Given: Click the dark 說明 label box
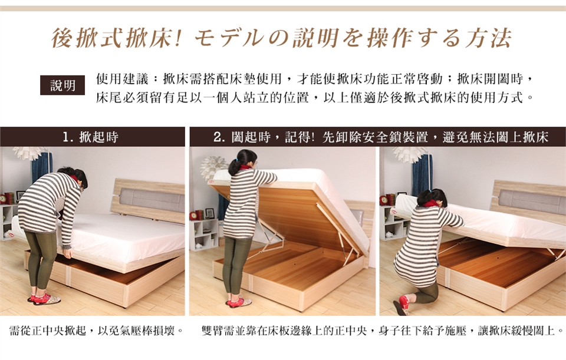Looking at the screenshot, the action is [x=62, y=85].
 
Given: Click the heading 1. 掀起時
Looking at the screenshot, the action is [x=91, y=137].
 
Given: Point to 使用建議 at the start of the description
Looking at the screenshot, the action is [x=123, y=78].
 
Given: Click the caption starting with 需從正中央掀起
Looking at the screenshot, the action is [x=97, y=331].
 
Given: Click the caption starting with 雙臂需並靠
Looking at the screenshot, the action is [x=383, y=331].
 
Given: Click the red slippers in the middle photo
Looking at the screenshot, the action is [x=238, y=302].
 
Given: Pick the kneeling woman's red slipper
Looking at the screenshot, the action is [x=403, y=305].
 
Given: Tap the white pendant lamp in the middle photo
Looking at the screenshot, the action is [x=213, y=167].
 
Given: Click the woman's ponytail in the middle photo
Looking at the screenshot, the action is [x=233, y=166].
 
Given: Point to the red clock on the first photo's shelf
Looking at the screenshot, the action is [x=3, y=199].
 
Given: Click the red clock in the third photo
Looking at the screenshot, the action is [x=383, y=200].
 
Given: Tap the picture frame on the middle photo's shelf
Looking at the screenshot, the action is [x=209, y=213].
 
